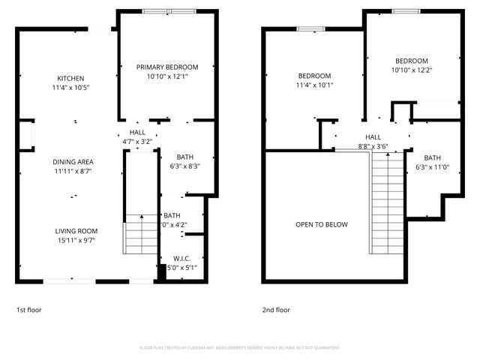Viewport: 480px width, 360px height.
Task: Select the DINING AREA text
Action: click(73, 162)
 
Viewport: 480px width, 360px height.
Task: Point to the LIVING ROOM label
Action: click(76, 231)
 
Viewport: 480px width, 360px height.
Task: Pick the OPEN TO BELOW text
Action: click(321, 224)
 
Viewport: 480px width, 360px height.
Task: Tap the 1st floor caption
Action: click(29, 310)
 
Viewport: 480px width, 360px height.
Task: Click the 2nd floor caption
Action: click(275, 310)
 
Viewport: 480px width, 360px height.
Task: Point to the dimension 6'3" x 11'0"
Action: click(433, 166)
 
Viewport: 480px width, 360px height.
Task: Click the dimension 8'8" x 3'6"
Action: click(373, 146)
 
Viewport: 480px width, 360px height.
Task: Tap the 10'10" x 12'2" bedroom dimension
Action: click(412, 70)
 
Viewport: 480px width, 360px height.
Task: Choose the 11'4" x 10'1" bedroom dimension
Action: click(314, 85)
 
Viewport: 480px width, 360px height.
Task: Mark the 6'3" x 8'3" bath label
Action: click(184, 162)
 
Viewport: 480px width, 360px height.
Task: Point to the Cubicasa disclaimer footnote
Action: click(240, 348)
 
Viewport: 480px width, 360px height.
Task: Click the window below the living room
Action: click(69, 281)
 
